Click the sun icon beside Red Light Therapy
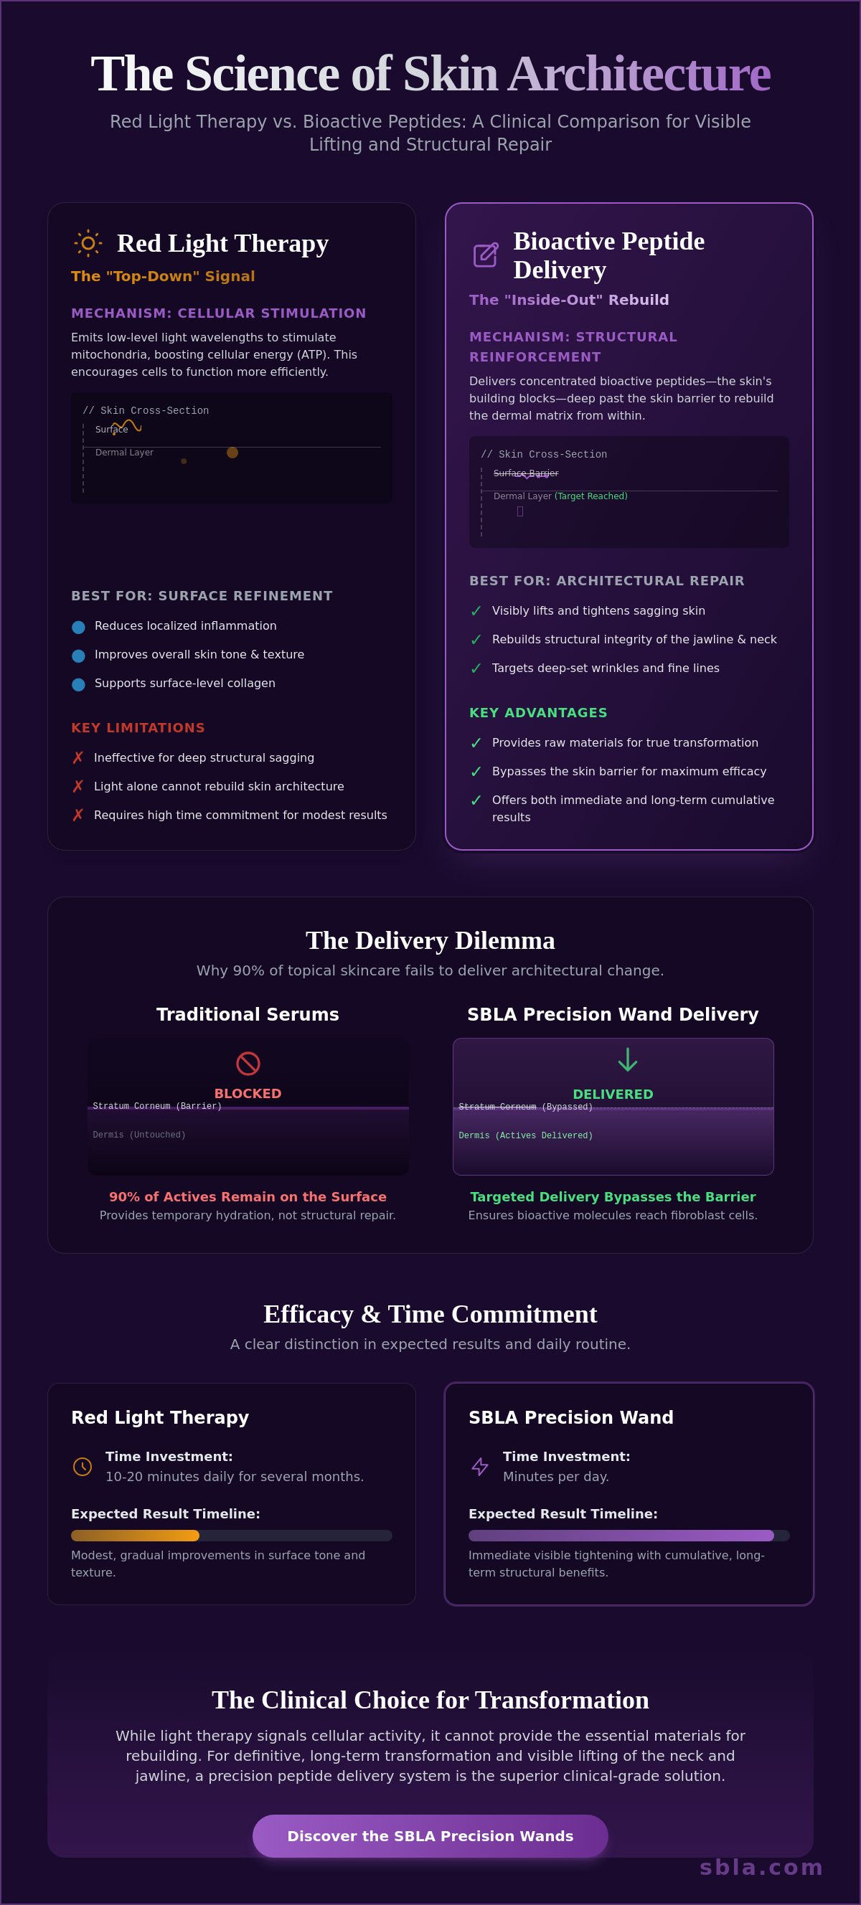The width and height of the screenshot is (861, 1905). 88,243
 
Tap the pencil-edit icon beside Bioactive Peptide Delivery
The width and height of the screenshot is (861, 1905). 485,255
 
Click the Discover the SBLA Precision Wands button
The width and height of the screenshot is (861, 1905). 430,1835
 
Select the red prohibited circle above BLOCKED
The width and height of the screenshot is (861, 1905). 248,1064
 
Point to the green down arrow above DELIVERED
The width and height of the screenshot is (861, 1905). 627,1060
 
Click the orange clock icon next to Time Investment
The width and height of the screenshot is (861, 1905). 83,1467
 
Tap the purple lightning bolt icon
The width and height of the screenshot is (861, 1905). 480,1467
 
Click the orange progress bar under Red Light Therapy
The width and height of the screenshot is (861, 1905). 136,1535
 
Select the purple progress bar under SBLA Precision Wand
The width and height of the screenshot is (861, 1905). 621,1535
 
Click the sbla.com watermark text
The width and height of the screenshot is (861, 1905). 761,1867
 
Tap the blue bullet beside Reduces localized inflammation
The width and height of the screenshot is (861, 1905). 78,627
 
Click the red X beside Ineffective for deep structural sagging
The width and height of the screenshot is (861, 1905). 77,757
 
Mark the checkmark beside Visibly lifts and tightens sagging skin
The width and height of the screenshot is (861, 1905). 476,611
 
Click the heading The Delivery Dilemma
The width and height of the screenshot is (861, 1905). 430,940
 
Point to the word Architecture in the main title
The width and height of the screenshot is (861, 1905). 639,74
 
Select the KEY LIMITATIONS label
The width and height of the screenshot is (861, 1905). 138,728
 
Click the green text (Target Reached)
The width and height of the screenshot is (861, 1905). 591,496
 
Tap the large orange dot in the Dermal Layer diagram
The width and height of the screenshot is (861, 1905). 232,453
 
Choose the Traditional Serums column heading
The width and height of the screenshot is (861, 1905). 248,1014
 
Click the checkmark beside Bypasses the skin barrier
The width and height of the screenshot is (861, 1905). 476,771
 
